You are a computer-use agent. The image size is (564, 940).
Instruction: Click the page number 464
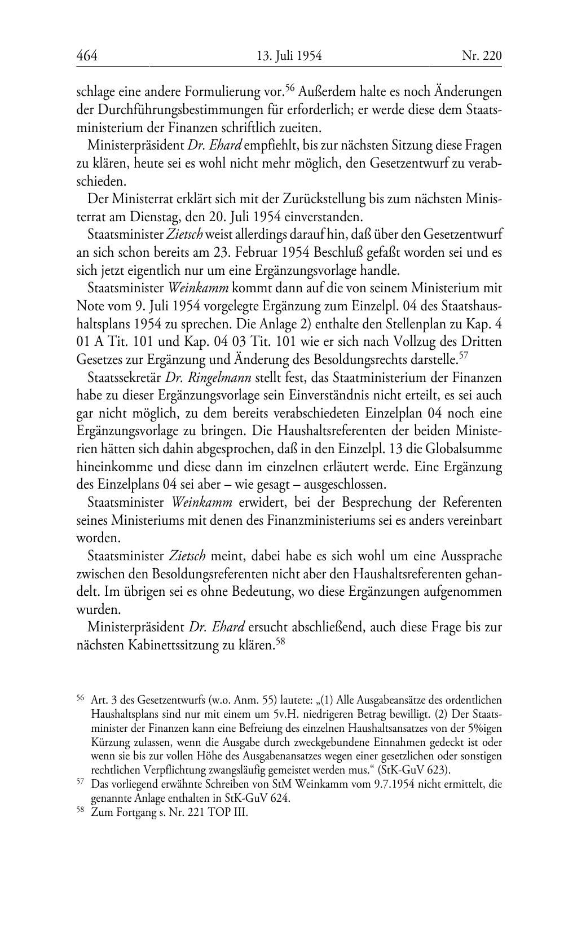point(87,55)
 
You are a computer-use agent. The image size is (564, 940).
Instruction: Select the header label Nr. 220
point(481,55)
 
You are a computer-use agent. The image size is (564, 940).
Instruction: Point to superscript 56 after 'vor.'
point(290,87)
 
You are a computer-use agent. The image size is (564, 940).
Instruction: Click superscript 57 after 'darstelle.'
point(464,355)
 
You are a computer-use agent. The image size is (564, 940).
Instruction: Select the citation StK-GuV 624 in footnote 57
point(257,798)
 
